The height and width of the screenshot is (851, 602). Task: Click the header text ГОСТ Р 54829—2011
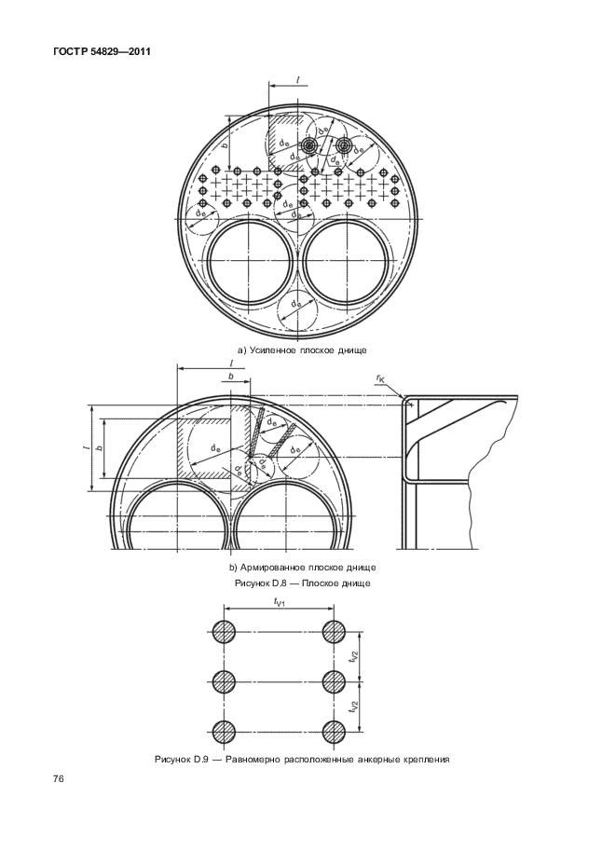tap(102, 52)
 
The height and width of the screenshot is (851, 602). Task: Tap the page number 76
tap(59, 779)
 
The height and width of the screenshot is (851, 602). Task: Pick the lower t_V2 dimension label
tap(353, 706)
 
